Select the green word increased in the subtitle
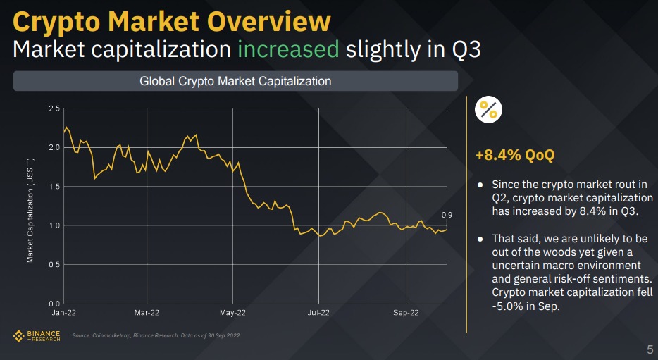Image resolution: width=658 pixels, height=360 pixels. [290, 50]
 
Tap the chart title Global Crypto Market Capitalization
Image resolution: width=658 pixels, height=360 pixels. [235, 81]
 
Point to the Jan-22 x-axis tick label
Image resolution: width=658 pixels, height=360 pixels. [64, 311]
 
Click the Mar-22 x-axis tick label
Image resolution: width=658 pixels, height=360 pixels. [147, 311]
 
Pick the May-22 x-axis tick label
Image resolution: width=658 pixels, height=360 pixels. [232, 311]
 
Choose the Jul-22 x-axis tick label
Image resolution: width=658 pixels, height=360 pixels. [318, 311]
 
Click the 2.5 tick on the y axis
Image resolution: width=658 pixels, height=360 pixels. [54, 108]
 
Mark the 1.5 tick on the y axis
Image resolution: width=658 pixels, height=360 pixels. [54, 186]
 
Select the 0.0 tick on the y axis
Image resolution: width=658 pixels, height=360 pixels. [54, 304]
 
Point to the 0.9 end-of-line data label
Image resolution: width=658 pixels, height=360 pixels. [447, 215]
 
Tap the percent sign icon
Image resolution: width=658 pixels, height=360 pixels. [488, 109]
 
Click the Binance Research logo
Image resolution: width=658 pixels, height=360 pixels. [37, 335]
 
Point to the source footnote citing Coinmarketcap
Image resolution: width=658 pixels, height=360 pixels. [157, 335]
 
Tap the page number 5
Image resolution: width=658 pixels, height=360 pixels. [649, 349]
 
